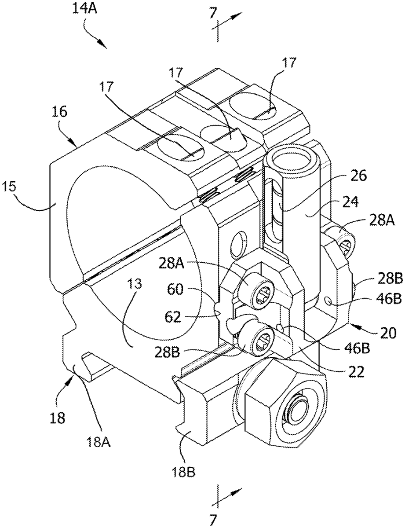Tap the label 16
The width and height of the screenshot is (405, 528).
(59, 113)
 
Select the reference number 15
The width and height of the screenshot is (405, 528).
(9, 187)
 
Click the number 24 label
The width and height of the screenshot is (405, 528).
(350, 202)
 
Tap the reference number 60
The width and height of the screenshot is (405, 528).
(175, 290)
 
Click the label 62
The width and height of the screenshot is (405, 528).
(173, 317)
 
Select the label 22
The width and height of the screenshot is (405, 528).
(356, 371)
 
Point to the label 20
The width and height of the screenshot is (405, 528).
(388, 333)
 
